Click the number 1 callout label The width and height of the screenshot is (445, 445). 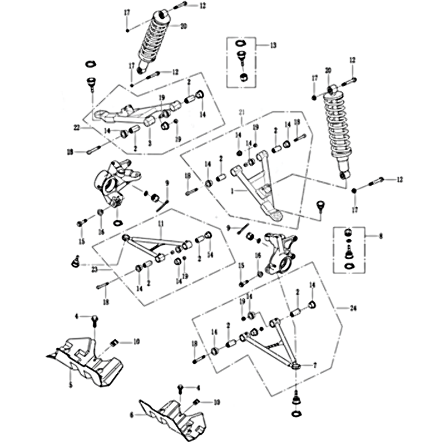(x=235, y=190)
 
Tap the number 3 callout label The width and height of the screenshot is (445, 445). (x=150, y=142)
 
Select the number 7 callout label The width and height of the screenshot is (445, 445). (x=315, y=365)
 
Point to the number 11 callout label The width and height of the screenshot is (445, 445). (x=160, y=224)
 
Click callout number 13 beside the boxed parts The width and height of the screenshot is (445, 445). (x=273, y=44)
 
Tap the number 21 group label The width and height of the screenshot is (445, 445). (x=241, y=112)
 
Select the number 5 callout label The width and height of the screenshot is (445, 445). (x=70, y=384)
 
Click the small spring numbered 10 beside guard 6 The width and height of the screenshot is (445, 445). (x=196, y=402)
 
